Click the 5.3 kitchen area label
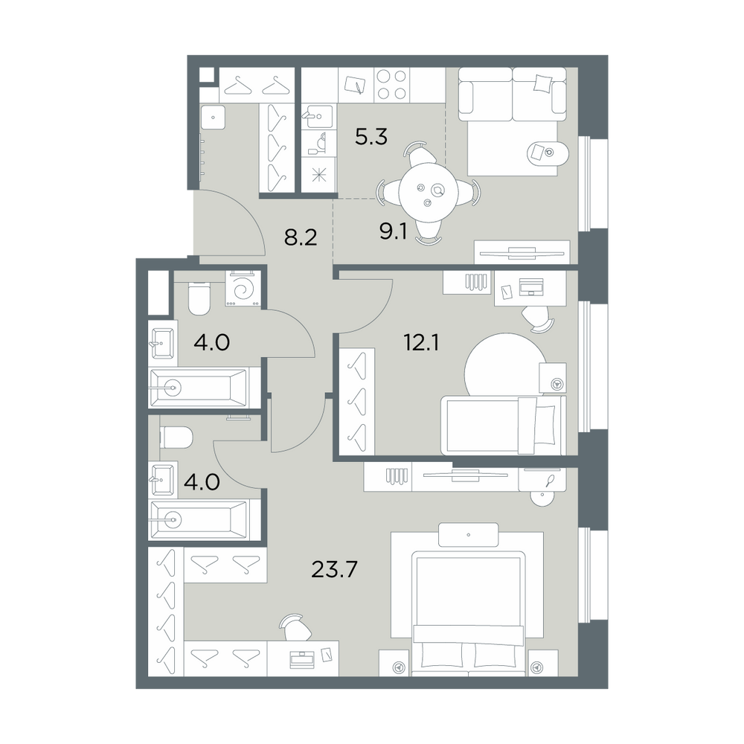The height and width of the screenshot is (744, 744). point(371,137)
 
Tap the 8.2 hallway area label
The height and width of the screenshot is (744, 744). point(301,237)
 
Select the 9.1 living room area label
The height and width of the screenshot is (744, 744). point(394,232)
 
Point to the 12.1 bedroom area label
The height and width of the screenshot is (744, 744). point(421,342)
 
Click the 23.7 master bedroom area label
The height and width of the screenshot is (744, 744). point(334,569)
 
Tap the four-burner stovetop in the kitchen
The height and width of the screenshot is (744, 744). point(392,85)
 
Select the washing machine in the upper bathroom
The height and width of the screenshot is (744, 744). point(243,289)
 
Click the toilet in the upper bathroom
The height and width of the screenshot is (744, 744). point(199,298)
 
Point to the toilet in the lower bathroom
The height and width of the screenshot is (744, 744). point(176,437)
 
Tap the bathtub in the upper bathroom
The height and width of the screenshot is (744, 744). point(199,388)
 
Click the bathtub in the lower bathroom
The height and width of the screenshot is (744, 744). point(199,519)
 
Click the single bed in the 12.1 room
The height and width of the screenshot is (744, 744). point(504,425)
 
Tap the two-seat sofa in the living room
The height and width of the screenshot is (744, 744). point(513,94)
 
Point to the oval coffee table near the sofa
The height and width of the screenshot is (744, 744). point(547,153)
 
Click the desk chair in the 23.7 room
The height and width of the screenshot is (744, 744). point(296,627)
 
